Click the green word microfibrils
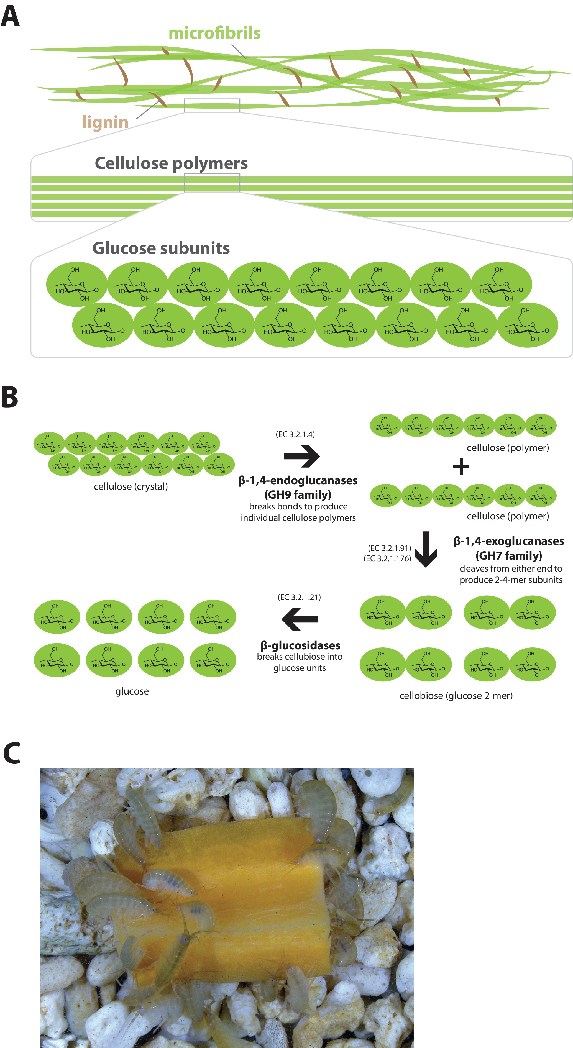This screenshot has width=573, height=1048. coord(214,33)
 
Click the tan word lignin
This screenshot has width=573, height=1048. coord(105,122)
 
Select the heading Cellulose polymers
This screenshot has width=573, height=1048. coord(171,163)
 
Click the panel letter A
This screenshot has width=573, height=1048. coord(10,16)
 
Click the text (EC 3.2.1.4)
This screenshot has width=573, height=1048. coord(295,434)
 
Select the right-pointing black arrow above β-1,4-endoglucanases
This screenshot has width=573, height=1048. coord(301,456)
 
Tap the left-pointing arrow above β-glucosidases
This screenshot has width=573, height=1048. coord(300,619)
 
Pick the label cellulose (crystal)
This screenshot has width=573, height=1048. coord(131,486)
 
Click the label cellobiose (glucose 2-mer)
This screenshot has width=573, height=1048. coord(456,695)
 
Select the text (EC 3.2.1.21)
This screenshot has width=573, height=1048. coord(299,597)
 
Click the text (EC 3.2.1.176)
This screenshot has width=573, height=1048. coord(387,558)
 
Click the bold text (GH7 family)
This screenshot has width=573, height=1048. coord(509,555)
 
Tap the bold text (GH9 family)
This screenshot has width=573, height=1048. coord(298,495)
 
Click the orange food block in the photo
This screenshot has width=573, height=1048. coord(228,895)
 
